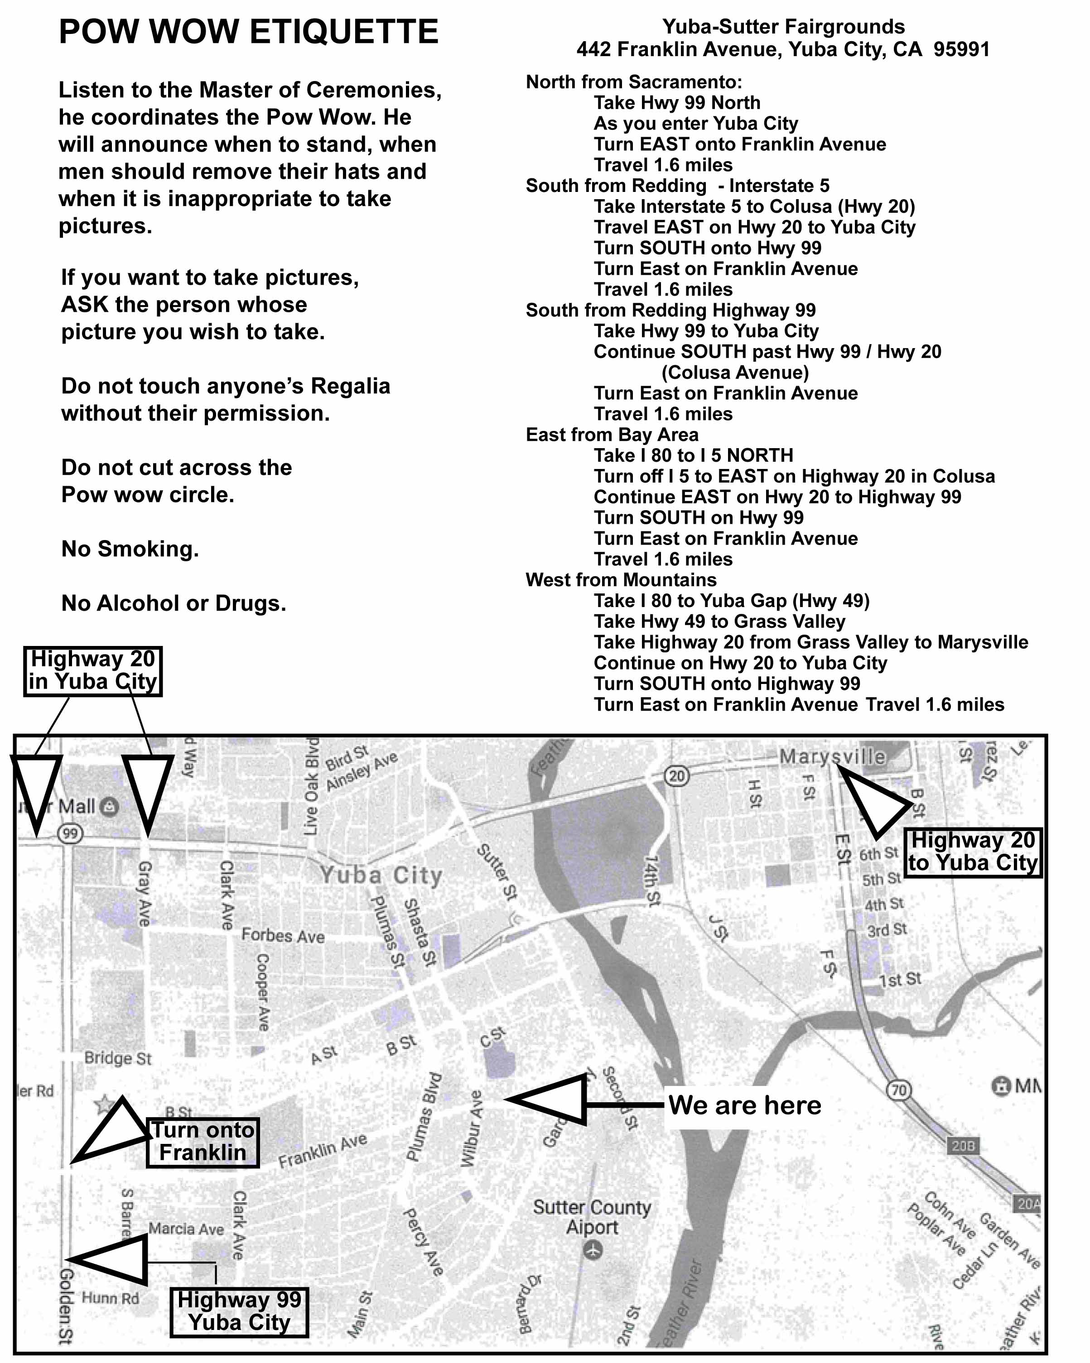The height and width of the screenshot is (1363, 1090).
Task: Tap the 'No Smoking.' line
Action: click(130, 549)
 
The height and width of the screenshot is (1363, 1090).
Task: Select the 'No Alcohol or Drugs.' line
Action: click(174, 603)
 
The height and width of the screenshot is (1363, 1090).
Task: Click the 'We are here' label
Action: click(745, 1105)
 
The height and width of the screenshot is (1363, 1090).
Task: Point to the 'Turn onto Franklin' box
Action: click(203, 1141)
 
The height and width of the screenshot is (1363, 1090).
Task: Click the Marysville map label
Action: click(832, 756)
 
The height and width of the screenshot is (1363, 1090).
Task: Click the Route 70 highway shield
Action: click(899, 1089)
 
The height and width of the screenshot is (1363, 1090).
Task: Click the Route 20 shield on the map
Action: click(676, 776)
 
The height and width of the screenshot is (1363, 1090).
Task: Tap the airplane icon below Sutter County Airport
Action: click(593, 1250)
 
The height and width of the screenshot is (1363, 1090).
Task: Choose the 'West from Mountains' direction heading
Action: click(621, 580)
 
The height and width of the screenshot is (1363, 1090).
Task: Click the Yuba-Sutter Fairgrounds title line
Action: click(783, 27)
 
